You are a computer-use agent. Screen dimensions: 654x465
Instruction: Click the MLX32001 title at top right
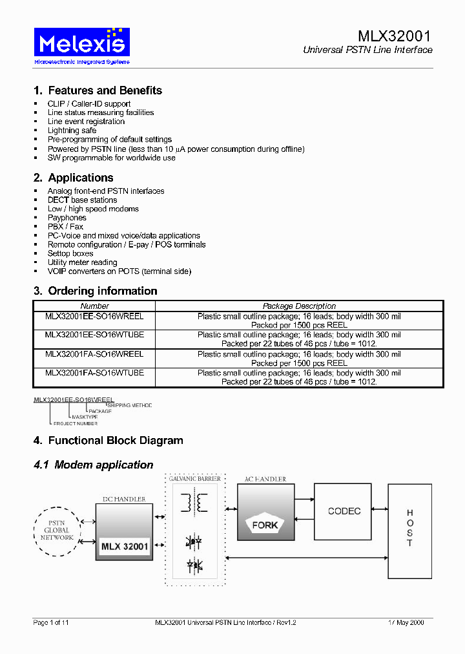click(395, 36)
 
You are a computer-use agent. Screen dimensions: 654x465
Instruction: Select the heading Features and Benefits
click(98, 90)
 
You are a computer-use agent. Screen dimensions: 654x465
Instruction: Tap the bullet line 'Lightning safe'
click(72, 131)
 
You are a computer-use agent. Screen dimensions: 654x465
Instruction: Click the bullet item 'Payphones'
click(67, 218)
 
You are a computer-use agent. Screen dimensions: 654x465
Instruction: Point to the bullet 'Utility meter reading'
click(82, 262)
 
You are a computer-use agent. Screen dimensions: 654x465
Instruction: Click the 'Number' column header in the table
click(94, 306)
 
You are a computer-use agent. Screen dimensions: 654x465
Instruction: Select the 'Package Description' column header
click(299, 306)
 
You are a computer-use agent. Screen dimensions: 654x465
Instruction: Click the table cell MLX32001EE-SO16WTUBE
click(94, 335)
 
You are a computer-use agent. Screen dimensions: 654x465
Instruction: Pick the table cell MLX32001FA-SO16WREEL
click(94, 354)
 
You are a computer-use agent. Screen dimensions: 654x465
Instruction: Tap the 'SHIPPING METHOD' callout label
click(134, 405)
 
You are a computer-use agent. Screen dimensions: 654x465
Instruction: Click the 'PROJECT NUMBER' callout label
click(76, 423)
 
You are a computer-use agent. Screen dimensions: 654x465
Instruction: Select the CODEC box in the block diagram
click(344, 511)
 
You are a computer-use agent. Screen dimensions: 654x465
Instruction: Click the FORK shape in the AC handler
click(265, 525)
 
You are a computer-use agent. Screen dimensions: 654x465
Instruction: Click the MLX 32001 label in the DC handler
click(125, 547)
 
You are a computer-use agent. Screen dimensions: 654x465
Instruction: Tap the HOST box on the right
click(409, 530)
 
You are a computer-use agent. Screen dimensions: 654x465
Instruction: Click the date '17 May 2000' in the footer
click(406, 622)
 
